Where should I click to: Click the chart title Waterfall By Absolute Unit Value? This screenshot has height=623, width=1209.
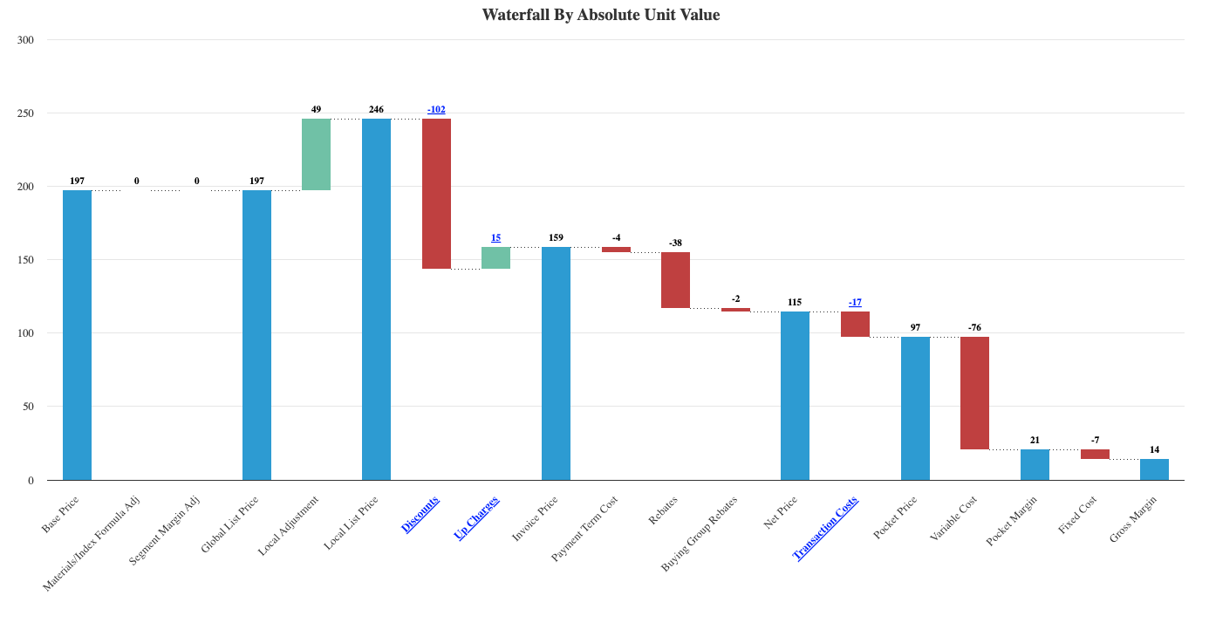(601, 15)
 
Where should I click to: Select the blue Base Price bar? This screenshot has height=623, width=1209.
(77, 334)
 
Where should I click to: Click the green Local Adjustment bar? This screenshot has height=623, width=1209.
(316, 154)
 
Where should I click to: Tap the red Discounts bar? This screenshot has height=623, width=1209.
(436, 194)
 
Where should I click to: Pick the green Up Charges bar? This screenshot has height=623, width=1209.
(495, 257)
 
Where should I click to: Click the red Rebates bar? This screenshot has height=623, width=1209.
(675, 280)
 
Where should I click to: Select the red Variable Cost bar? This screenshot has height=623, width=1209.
(974, 393)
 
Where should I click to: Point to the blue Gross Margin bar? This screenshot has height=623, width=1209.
(1154, 469)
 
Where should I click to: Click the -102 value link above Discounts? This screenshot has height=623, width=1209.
(436, 109)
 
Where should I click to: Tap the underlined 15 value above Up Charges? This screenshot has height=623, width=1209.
(495, 237)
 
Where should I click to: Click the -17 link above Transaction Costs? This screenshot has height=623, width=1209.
(855, 302)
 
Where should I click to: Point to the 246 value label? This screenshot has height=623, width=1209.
(376, 109)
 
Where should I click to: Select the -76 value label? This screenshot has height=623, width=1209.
(974, 327)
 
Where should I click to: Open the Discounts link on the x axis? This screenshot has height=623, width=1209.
(420, 514)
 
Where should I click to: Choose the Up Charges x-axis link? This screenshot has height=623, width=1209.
(477, 517)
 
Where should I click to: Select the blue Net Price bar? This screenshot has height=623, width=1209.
(795, 395)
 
